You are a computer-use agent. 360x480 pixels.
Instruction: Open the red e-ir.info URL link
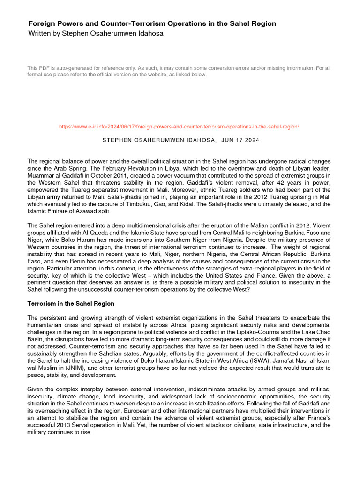coord(179,127)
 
